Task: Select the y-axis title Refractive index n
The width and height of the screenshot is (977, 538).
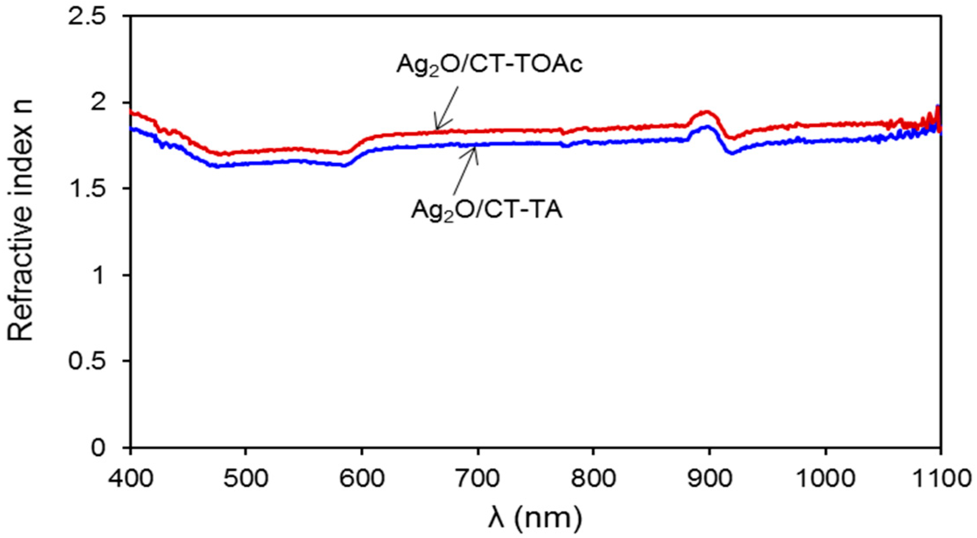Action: tap(21, 231)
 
